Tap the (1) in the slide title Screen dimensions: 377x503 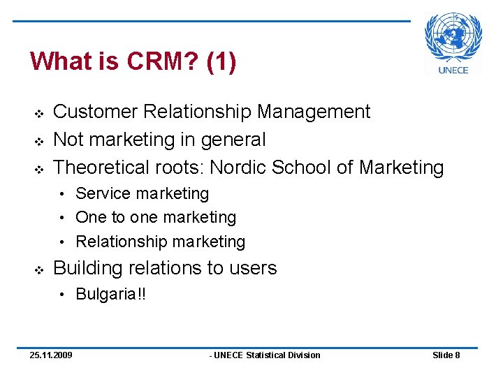tap(221, 61)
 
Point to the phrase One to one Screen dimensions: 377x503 tap(117, 217)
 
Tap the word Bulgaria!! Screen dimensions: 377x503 tap(111, 294)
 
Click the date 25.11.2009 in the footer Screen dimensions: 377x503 tap(51, 355)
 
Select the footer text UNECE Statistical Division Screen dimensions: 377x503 tap(265, 355)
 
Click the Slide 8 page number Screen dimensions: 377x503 tap(446, 355)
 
